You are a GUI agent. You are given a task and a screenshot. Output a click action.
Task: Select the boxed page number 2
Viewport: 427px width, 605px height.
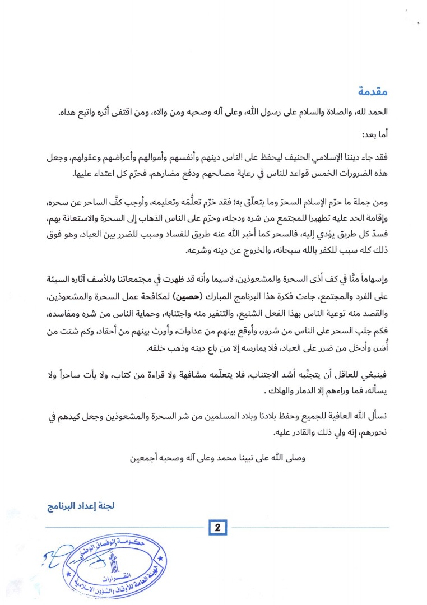click(x=216, y=528)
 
